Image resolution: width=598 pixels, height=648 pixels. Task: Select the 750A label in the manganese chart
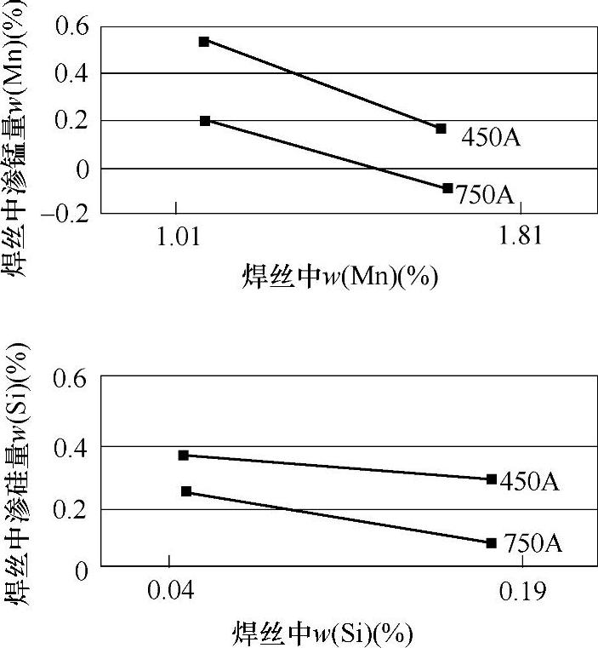tap(486, 195)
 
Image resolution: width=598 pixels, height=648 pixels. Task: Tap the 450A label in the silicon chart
tap(530, 482)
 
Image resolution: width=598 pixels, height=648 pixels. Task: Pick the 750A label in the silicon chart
tap(533, 543)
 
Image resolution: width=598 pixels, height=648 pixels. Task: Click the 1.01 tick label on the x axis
tap(176, 238)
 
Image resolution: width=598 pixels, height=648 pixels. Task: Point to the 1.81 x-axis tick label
tap(521, 238)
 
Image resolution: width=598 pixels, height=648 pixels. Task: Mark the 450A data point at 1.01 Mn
tap(204, 41)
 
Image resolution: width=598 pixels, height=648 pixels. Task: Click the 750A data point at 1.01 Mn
tap(205, 121)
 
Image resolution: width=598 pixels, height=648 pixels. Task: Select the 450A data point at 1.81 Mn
tap(441, 129)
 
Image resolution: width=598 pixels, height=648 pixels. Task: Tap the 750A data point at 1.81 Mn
tap(447, 188)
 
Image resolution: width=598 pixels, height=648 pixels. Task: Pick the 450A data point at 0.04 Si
tap(183, 456)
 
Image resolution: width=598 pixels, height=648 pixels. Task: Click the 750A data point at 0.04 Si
tap(186, 491)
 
